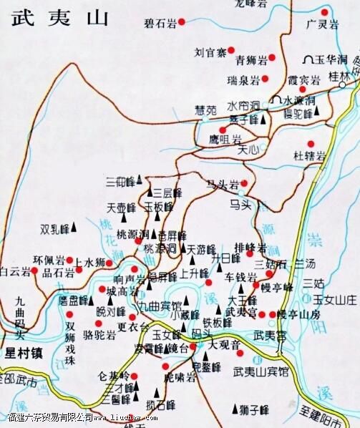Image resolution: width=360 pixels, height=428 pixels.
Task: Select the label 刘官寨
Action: pyautogui.click(x=212, y=52)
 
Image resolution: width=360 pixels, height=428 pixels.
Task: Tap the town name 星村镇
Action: pyautogui.click(x=24, y=353)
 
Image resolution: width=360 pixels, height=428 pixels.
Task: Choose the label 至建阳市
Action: pyautogui.click(x=326, y=414)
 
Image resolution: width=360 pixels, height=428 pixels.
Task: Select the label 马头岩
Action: pyautogui.click(x=221, y=183)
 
